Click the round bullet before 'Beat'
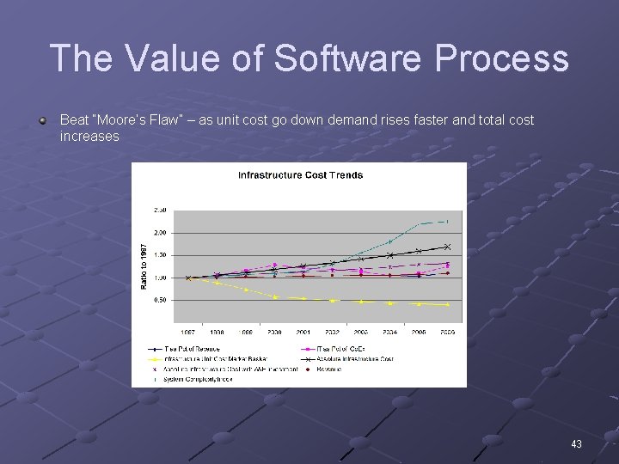[42, 120]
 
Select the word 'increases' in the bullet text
[89, 137]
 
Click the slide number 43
[576, 444]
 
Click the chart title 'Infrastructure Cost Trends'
[300, 175]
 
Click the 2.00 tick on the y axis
[160, 233]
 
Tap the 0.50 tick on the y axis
[160, 301]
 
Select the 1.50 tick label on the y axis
[160, 255]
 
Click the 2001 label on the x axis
[303, 332]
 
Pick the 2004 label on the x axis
[389, 332]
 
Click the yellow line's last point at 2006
[447, 304]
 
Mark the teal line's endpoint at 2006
[447, 221]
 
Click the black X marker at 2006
[447, 247]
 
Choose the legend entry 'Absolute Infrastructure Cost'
[354, 359]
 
